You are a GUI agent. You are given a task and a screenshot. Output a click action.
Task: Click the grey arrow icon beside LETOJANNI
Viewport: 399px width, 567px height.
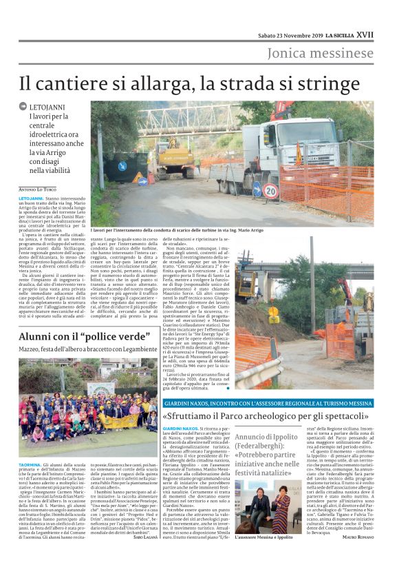(23, 107)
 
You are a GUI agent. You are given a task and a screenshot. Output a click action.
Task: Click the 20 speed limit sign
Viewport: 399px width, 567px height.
(270, 190)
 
